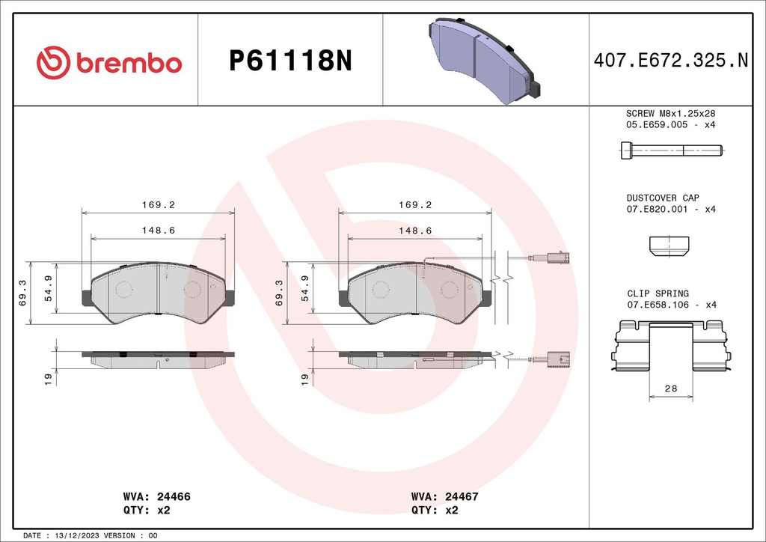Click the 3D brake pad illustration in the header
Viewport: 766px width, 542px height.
click(485, 61)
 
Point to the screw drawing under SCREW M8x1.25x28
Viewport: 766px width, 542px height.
click(670, 151)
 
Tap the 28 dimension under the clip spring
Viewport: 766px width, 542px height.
click(670, 389)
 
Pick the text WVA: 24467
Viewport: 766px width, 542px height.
click(444, 496)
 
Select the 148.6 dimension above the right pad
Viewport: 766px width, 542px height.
click(415, 231)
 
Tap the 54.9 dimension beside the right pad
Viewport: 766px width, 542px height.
click(304, 287)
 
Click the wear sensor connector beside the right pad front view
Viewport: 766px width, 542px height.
click(555, 258)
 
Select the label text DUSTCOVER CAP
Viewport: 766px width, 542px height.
click(662, 198)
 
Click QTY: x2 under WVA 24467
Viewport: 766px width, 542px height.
click(435, 510)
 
